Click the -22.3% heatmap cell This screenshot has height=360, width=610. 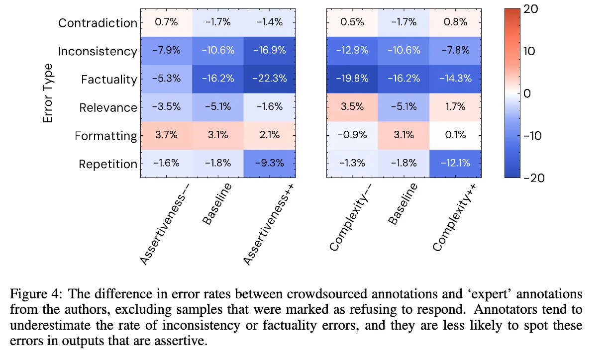269,79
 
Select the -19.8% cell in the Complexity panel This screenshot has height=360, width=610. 352,79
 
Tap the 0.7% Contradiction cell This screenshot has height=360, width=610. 166,22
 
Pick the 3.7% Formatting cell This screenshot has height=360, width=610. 166,135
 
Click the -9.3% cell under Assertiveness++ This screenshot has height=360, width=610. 269,164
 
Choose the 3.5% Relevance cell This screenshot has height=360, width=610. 352,107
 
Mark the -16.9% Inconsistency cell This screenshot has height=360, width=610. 269,50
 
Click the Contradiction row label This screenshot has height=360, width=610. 98,23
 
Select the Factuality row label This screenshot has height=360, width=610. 108,80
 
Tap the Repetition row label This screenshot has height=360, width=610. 107,164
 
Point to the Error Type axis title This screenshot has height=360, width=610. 48,93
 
